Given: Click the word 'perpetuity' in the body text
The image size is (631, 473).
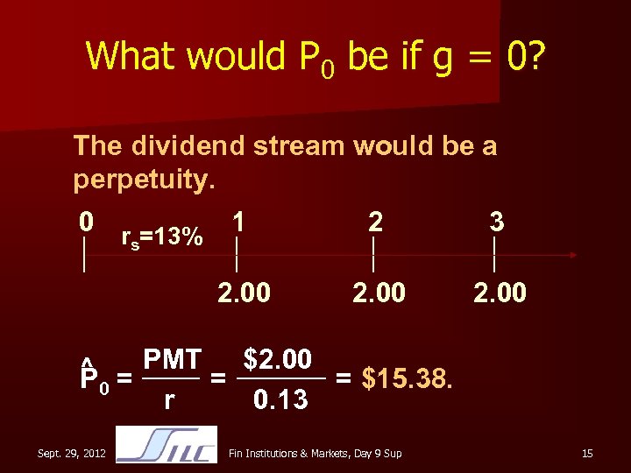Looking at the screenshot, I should pyautogui.click(x=139, y=180).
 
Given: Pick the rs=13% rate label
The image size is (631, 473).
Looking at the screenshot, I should pyautogui.click(x=161, y=237).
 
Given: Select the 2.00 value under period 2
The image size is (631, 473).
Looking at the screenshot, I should pyautogui.click(x=379, y=292).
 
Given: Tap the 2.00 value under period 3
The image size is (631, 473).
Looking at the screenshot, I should pyautogui.click(x=500, y=292).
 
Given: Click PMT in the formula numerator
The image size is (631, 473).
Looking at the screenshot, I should pyautogui.click(x=173, y=359).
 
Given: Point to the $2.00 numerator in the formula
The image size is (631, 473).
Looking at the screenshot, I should pyautogui.click(x=278, y=359).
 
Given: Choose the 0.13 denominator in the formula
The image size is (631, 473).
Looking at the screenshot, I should pyautogui.click(x=280, y=400).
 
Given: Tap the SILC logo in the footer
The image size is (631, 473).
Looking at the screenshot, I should pyautogui.click(x=167, y=445).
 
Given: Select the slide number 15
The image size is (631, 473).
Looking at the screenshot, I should pyautogui.click(x=587, y=453).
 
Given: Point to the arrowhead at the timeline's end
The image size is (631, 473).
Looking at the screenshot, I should pyautogui.click(x=571, y=255).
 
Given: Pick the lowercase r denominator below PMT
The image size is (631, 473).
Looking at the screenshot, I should pyautogui.click(x=168, y=401).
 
